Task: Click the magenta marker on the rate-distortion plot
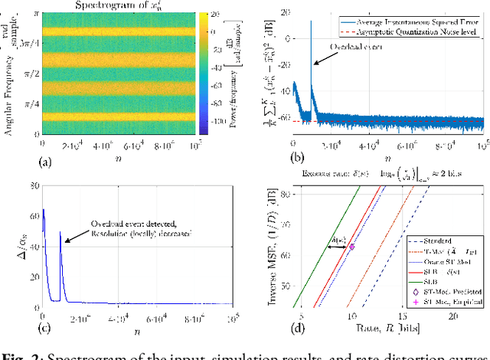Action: click(x=351, y=246)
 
